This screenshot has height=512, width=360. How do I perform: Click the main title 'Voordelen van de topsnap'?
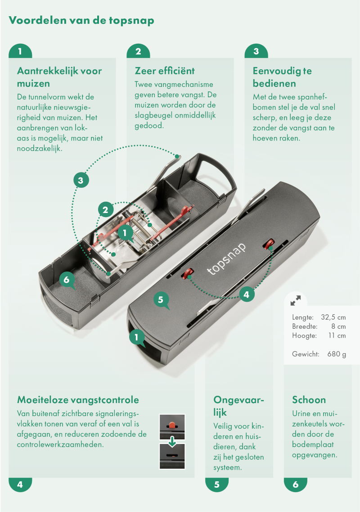81,21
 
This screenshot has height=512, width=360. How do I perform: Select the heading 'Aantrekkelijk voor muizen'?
59,77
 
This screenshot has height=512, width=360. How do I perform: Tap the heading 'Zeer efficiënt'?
165,71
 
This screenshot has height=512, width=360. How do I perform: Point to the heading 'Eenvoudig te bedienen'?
282,77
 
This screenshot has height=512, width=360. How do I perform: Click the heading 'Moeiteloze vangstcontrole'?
78,400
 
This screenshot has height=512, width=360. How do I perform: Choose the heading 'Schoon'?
309,400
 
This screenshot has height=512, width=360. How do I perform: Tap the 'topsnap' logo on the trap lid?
226,259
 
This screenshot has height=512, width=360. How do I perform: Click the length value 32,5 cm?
333,317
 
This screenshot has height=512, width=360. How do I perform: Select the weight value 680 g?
337,354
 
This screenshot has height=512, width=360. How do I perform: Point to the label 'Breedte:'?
305,326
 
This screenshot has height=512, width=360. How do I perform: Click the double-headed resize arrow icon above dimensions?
296,300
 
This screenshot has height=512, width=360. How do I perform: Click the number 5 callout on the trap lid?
161,300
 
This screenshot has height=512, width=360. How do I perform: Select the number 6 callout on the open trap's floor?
67,280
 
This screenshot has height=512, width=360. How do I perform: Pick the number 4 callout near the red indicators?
247,295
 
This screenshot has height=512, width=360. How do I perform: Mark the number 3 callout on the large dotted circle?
81,180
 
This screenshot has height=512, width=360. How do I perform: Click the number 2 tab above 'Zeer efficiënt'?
138,51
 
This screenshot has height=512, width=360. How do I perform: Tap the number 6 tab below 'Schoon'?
295,485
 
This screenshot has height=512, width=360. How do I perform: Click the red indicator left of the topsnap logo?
187,273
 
